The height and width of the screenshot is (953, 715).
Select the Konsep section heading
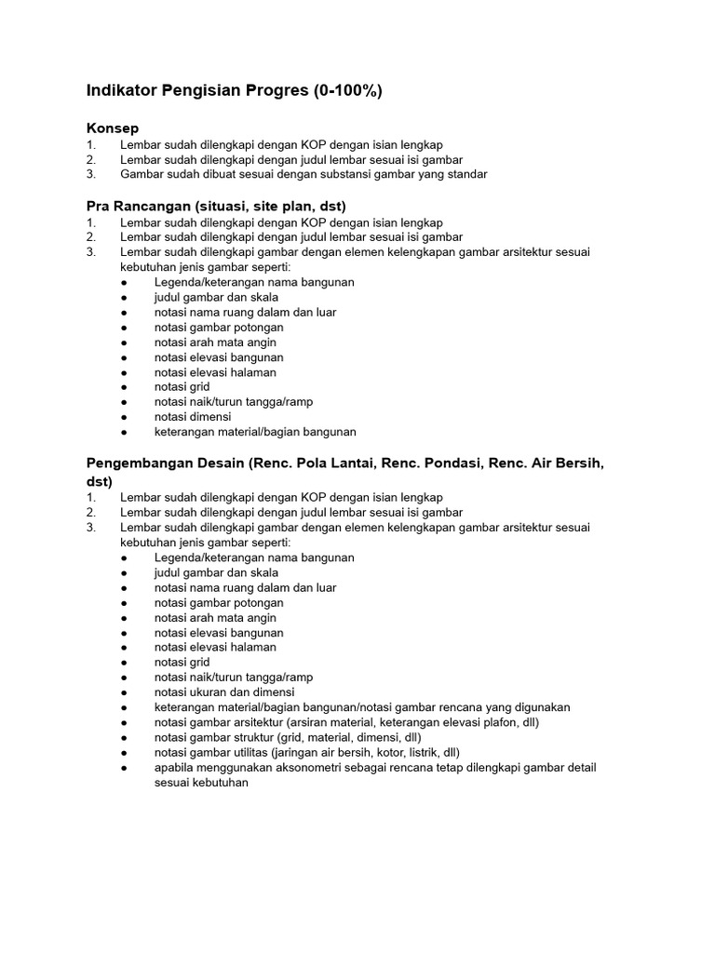113,128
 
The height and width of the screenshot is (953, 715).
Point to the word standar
465,174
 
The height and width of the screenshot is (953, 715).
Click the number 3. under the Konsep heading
90,174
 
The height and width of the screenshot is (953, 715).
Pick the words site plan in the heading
278,206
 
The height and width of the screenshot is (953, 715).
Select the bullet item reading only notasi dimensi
193,417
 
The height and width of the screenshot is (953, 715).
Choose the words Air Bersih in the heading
565,463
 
